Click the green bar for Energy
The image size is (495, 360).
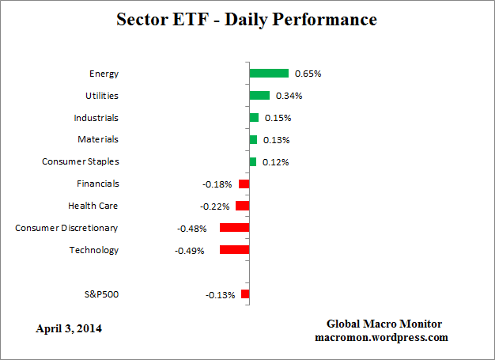[269, 74]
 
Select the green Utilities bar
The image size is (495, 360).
[259, 96]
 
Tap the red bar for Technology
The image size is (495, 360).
[234, 250]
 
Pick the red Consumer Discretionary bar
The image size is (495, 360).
[234, 228]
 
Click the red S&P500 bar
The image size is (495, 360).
[245, 294]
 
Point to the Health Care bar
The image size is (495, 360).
[242, 206]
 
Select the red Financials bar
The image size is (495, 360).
[244, 184]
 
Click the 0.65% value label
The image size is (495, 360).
[308, 74]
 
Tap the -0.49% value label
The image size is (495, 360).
[189, 251]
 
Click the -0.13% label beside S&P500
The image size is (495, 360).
[220, 295]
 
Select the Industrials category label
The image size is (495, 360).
[96, 118]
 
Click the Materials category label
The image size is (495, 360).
[98, 139]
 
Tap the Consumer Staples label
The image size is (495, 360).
[80, 161]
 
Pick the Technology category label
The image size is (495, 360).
[93, 250]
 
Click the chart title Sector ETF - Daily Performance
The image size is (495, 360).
[247, 18]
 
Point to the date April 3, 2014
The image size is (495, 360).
[69, 328]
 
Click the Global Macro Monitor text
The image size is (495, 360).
[384, 324]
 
